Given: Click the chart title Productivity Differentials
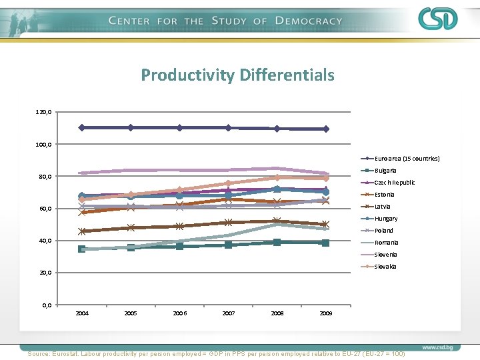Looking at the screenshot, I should tap(237, 75).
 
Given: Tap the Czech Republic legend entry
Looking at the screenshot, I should tap(394, 183).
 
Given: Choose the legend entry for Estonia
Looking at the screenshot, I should tap(384, 195).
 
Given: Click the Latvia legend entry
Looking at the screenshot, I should tap(383, 207).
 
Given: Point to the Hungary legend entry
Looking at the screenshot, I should tap(386, 219).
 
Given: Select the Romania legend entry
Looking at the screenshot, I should tap(386, 243).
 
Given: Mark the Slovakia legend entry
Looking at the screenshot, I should tap(385, 267).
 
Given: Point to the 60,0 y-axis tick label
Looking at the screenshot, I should tap(45, 209).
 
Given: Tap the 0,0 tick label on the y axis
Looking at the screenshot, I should tap(47, 305).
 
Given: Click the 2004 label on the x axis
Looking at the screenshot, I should tap(82, 313).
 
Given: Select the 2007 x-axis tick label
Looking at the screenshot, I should tap(229, 313).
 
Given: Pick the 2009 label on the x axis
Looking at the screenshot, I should tap(326, 313).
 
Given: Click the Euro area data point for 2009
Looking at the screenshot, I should tap(326, 129).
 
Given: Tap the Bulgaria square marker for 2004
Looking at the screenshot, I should tap(82, 249).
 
